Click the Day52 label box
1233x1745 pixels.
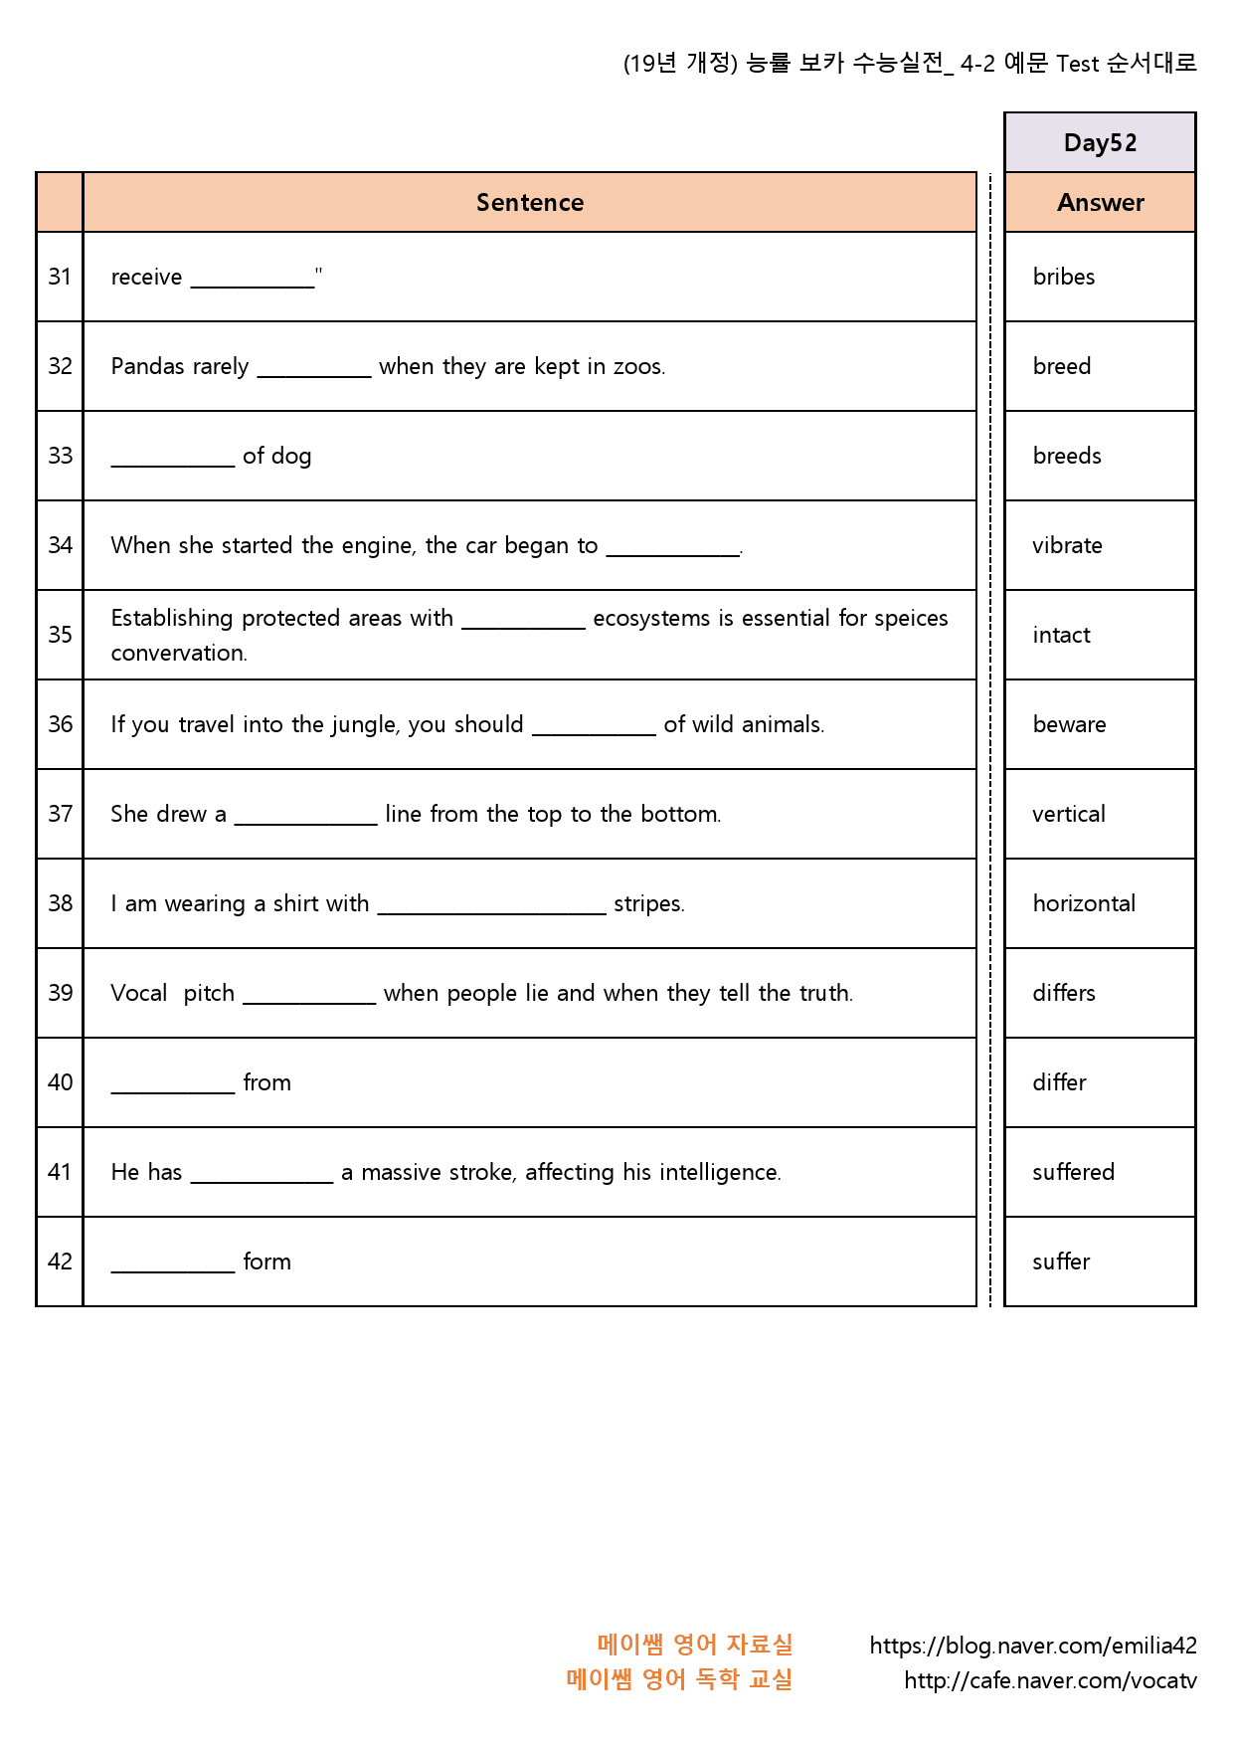(1100, 143)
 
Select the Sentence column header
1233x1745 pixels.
(530, 203)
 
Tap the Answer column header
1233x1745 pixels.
(1100, 203)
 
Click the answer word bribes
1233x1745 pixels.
(1063, 278)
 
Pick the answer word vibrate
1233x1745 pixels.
(1067, 546)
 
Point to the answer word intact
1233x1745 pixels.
(1061, 636)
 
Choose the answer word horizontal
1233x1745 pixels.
(1084, 904)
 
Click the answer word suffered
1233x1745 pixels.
(1073, 1173)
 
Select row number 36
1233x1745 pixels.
(60, 725)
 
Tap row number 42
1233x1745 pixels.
(60, 1262)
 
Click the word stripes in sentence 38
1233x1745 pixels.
(648, 904)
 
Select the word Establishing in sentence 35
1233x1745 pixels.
(171, 619)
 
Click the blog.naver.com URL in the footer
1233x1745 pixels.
(1033, 1647)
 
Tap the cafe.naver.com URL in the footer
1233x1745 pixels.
(1050, 1681)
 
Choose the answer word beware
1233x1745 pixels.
(1069, 725)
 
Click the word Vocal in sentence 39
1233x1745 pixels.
(139, 994)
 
